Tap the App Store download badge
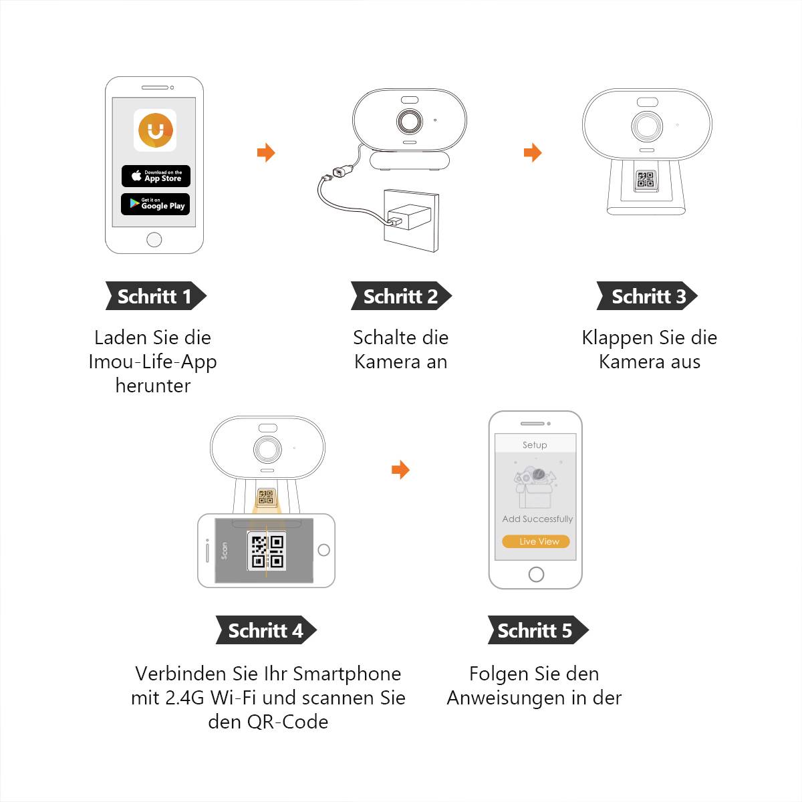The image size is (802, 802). pos(156,176)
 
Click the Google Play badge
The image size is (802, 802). pos(155,204)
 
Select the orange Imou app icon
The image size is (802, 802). pos(155,130)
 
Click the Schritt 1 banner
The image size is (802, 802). pos(155,296)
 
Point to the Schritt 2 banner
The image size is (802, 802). pos(401,296)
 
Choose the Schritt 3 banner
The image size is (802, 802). pos(647,296)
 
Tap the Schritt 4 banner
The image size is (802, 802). pos(265,630)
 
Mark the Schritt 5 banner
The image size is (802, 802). pos(537,630)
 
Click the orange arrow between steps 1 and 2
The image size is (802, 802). pos(266,152)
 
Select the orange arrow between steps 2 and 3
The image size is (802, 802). pos(533,152)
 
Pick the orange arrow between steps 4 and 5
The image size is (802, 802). pos(400,470)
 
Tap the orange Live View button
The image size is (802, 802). pos(536,541)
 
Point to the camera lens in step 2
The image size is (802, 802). pos(410,122)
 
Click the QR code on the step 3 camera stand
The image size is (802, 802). pos(646,179)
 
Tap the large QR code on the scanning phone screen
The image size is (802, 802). pos(267,551)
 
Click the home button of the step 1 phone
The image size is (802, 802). pos(154,240)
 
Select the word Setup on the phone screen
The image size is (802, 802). pos(535,445)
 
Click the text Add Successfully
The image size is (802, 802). pos(537,519)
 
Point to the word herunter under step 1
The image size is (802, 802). pos(153,386)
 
